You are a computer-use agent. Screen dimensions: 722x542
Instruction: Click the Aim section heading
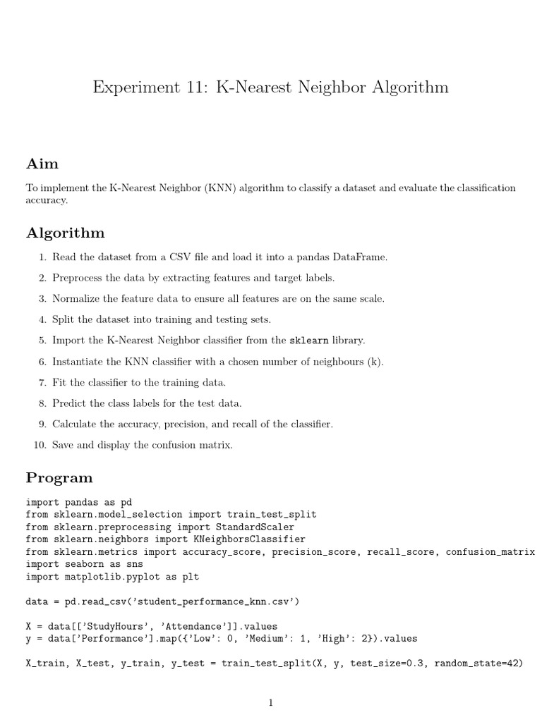coord(42,164)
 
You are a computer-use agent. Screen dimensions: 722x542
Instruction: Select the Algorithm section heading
coord(65,233)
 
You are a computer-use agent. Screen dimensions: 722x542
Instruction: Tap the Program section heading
coord(59,477)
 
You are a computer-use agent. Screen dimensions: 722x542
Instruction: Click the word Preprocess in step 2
coord(77,278)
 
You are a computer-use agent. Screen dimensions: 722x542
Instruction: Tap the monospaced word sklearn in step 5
coord(309,341)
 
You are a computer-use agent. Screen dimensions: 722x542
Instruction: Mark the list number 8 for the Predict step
coord(42,403)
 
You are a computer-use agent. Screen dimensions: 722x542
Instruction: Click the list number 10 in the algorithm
coord(40,445)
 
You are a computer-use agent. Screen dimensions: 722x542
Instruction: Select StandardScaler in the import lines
coord(255,527)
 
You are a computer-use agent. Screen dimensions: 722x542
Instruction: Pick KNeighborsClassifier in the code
coord(250,539)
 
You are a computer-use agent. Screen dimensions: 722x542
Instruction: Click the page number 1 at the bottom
coord(270,702)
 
